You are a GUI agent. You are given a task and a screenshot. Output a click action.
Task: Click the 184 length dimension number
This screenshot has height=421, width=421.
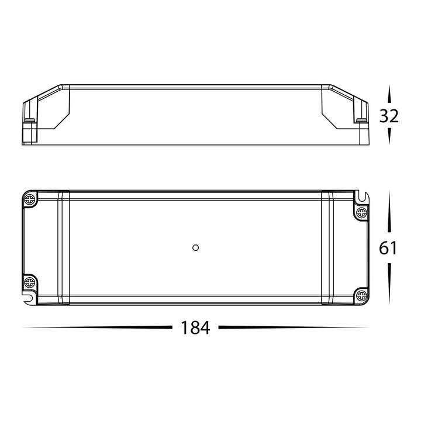pyautogui.click(x=195, y=328)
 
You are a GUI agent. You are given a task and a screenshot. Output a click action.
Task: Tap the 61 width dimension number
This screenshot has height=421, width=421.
pyautogui.click(x=388, y=248)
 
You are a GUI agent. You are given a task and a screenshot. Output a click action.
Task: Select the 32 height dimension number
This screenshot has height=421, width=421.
pyautogui.click(x=389, y=116)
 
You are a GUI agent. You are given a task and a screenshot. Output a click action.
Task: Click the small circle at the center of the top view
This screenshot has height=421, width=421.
pyautogui.click(x=195, y=247)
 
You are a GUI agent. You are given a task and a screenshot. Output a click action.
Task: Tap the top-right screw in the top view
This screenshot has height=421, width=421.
pyautogui.click(x=361, y=213)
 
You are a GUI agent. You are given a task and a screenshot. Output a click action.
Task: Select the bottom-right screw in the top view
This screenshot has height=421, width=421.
pyautogui.click(x=361, y=296)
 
